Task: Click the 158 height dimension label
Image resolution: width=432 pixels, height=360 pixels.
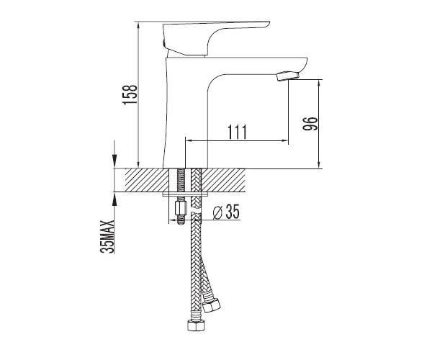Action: (130, 94)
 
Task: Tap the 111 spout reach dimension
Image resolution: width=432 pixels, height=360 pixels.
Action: (237, 132)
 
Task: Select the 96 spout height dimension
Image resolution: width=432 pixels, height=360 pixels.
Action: (310, 123)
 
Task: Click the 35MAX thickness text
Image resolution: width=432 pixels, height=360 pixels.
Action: (107, 236)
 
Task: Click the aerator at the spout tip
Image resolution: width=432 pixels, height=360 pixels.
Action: (287, 76)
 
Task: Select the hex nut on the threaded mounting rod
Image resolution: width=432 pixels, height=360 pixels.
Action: (181, 208)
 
